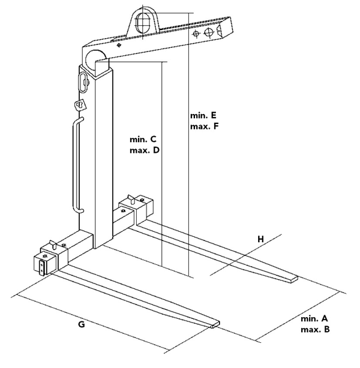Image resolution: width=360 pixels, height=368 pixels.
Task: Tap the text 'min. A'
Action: click(x=315, y=319)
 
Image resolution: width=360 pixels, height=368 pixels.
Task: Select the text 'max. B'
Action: click(x=315, y=330)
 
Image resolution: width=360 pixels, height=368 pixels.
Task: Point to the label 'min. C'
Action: click(x=144, y=139)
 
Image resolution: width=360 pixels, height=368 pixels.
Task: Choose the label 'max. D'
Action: click(x=145, y=150)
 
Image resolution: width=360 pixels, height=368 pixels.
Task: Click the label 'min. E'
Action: click(x=204, y=115)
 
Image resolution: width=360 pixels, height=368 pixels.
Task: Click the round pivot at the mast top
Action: click(x=96, y=61)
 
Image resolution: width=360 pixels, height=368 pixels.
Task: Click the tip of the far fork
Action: click(x=293, y=280)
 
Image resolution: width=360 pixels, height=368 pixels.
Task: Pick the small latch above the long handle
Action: click(x=79, y=104)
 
